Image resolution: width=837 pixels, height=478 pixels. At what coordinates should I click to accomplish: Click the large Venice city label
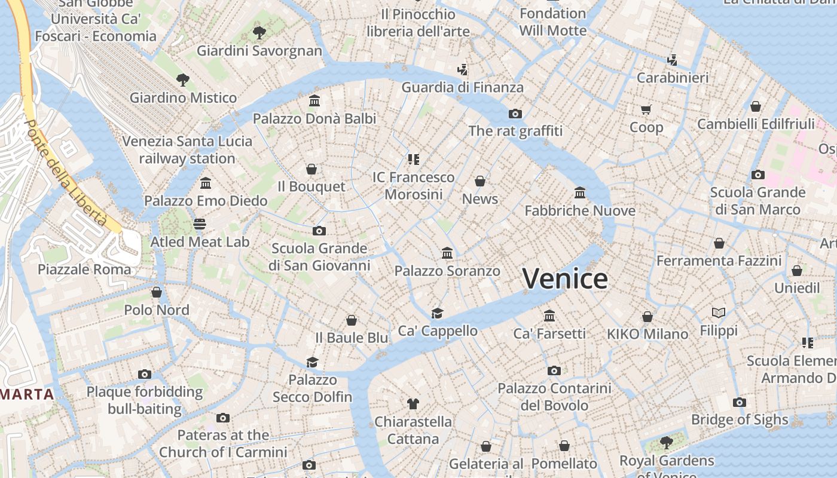[565, 279]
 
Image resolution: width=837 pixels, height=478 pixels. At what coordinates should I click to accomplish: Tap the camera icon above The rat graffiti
[515, 114]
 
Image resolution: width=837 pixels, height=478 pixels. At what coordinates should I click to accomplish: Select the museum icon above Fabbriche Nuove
[580, 193]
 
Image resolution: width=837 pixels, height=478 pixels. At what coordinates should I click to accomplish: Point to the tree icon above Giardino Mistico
[183, 79]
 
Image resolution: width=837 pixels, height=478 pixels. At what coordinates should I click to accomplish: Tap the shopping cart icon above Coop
[646, 109]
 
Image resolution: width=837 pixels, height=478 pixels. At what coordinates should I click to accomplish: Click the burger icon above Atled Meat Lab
[200, 224]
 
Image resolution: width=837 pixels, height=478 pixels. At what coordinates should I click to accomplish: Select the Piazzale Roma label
[84, 269]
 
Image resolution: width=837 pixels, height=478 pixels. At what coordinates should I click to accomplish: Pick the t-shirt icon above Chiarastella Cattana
[413, 403]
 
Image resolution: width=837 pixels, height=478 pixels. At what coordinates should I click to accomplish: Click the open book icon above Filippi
[719, 312]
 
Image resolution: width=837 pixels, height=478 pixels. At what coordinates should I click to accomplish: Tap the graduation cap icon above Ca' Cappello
[438, 313]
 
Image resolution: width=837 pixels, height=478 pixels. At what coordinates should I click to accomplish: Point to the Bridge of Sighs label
[740, 420]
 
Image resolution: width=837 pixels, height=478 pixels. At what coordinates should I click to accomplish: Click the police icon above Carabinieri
[672, 60]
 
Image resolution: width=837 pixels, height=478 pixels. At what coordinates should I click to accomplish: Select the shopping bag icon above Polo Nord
[157, 292]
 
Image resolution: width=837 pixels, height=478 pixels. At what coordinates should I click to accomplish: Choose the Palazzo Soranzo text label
[447, 271]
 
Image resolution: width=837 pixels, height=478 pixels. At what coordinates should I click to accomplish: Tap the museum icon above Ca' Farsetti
[549, 315]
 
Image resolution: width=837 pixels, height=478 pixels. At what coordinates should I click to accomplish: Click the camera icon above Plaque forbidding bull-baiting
[145, 374]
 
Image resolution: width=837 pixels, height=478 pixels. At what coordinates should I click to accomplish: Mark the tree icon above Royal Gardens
[666, 443]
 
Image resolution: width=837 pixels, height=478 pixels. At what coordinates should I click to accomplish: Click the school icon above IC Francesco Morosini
[413, 160]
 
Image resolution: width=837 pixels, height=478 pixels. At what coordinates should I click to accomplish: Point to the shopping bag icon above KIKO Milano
[647, 316]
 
